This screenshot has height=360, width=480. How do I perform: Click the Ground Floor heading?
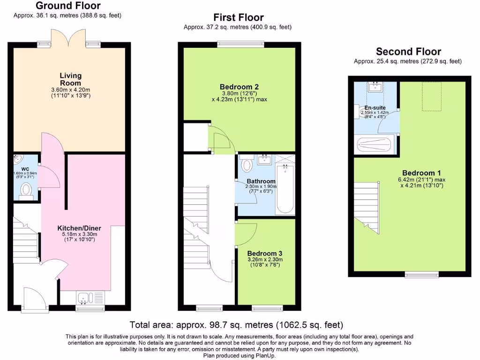click(68, 6)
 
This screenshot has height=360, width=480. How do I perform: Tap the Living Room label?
click(70, 79)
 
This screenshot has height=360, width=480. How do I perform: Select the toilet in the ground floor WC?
click(26, 190)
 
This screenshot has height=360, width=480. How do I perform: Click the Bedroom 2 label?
click(239, 87)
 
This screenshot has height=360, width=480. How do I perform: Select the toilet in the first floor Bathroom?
click(247, 164)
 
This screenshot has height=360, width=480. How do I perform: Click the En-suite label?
click(375, 107)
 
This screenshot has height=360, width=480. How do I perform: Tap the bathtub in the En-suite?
click(376, 144)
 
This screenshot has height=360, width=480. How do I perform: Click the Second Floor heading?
click(408, 52)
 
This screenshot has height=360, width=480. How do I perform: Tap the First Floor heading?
click(238, 18)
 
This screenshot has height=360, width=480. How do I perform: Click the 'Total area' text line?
click(236, 324)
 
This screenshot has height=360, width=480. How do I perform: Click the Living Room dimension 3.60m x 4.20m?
click(70, 90)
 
